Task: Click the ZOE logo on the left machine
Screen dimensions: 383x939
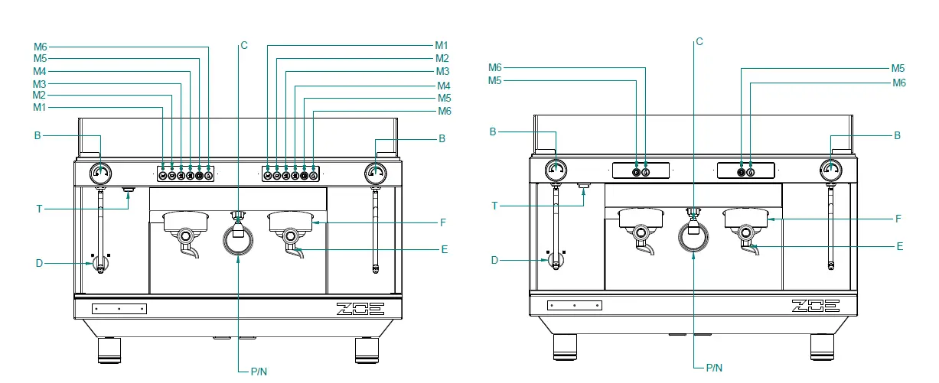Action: pyautogui.click(x=360, y=309)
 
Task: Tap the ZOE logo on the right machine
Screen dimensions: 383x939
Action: pyautogui.click(x=816, y=306)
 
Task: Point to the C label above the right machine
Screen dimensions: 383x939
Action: pyautogui.click(x=699, y=41)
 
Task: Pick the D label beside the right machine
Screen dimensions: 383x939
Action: pyautogui.click(x=494, y=260)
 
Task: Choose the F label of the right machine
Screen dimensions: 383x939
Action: pyautogui.click(x=899, y=219)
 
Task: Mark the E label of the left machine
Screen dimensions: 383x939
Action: pyautogui.click(x=444, y=249)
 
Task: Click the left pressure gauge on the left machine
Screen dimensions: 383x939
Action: pyautogui.click(x=99, y=172)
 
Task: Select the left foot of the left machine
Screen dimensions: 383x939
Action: pyautogui.click(x=109, y=350)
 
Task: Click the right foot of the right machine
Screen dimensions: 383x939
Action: pyautogui.click(x=823, y=347)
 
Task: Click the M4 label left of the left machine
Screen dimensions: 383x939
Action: pyautogui.click(x=40, y=70)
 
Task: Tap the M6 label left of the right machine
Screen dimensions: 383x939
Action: pyautogui.click(x=495, y=67)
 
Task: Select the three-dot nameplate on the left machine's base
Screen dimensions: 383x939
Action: pyautogui.click(x=119, y=309)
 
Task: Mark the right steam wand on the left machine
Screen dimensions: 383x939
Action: pyautogui.click(x=374, y=229)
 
